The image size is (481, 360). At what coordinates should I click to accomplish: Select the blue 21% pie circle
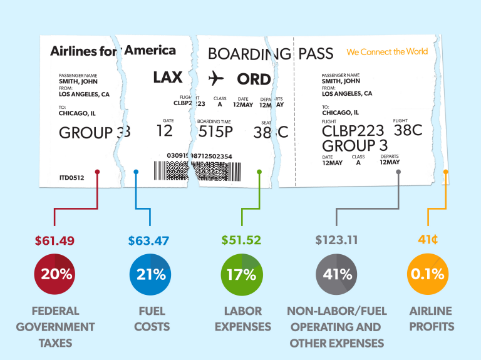click(149, 274)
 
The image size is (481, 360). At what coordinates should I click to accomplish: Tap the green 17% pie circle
click(242, 274)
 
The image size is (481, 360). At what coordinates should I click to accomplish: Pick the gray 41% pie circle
click(336, 274)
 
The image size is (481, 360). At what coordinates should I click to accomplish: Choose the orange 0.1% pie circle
click(428, 274)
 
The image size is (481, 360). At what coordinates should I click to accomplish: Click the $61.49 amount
click(56, 240)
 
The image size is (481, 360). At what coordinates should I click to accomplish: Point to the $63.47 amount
click(148, 240)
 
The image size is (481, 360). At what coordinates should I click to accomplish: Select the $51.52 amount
click(241, 240)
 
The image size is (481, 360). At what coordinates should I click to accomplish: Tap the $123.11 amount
click(336, 240)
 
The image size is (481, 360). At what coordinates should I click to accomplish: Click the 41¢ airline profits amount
click(428, 240)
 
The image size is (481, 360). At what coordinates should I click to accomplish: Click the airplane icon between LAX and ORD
click(216, 78)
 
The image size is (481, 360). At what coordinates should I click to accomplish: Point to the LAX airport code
click(168, 78)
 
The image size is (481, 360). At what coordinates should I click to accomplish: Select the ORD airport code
click(254, 79)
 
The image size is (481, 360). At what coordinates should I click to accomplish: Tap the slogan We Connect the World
click(387, 52)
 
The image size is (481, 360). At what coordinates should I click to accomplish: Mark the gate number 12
click(164, 131)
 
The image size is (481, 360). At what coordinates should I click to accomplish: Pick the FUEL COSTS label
click(152, 319)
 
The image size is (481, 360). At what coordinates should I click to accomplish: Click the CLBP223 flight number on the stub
click(353, 131)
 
